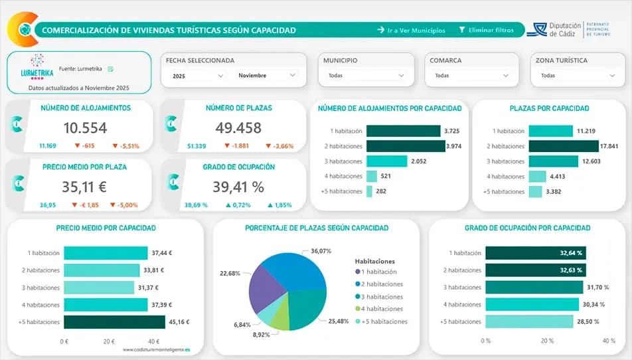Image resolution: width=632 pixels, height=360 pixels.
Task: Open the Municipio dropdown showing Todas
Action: pyautogui.click(x=365, y=76)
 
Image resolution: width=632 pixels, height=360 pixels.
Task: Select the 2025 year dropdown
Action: pyautogui.click(x=197, y=76)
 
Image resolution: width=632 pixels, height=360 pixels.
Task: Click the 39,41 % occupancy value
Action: pyautogui.click(x=238, y=187)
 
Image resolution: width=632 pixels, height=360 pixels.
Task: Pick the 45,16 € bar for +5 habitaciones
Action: pyautogui.click(x=114, y=322)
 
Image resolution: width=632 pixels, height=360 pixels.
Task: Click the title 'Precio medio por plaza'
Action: pyautogui.click(x=84, y=167)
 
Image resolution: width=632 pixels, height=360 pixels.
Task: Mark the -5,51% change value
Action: pyautogui.click(x=125, y=145)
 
